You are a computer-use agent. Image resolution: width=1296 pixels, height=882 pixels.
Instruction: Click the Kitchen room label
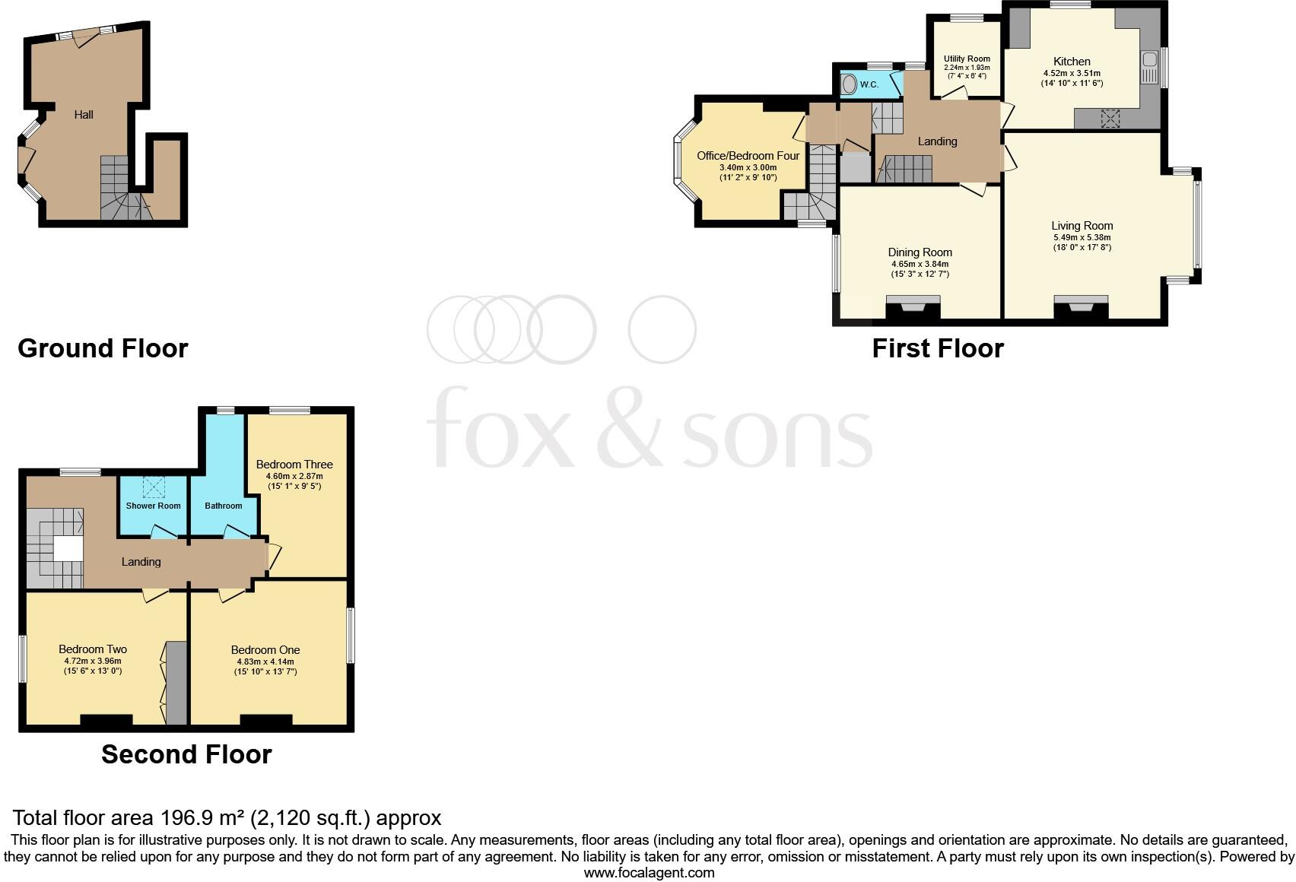(x=1072, y=62)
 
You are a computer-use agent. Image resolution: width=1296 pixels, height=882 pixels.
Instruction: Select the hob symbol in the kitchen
(x=1111, y=118)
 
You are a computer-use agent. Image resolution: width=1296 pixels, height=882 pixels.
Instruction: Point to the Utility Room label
(x=967, y=59)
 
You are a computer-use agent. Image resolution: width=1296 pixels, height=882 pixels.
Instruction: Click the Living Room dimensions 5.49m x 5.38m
(x=1082, y=237)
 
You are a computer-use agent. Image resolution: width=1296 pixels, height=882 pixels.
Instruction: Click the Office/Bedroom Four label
(x=748, y=156)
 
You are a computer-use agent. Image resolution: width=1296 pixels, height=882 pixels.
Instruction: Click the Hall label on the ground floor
(x=84, y=115)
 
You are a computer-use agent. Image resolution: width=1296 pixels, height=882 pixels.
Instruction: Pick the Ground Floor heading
(x=103, y=348)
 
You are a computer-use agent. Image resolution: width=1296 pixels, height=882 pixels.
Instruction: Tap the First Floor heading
(x=937, y=348)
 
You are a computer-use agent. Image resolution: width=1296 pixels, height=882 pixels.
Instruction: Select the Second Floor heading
(x=186, y=754)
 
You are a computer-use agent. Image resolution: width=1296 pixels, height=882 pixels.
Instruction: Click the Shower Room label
(x=154, y=506)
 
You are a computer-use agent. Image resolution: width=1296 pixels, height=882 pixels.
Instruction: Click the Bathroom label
(x=224, y=506)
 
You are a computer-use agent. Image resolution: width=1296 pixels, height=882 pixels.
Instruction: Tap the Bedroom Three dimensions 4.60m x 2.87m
(x=294, y=476)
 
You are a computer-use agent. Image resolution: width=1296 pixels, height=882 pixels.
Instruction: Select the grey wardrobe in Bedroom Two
(x=176, y=683)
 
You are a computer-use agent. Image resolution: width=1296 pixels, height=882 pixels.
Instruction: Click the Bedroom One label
(x=265, y=650)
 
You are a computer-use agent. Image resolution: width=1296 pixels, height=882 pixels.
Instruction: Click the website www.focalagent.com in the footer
(x=649, y=873)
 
